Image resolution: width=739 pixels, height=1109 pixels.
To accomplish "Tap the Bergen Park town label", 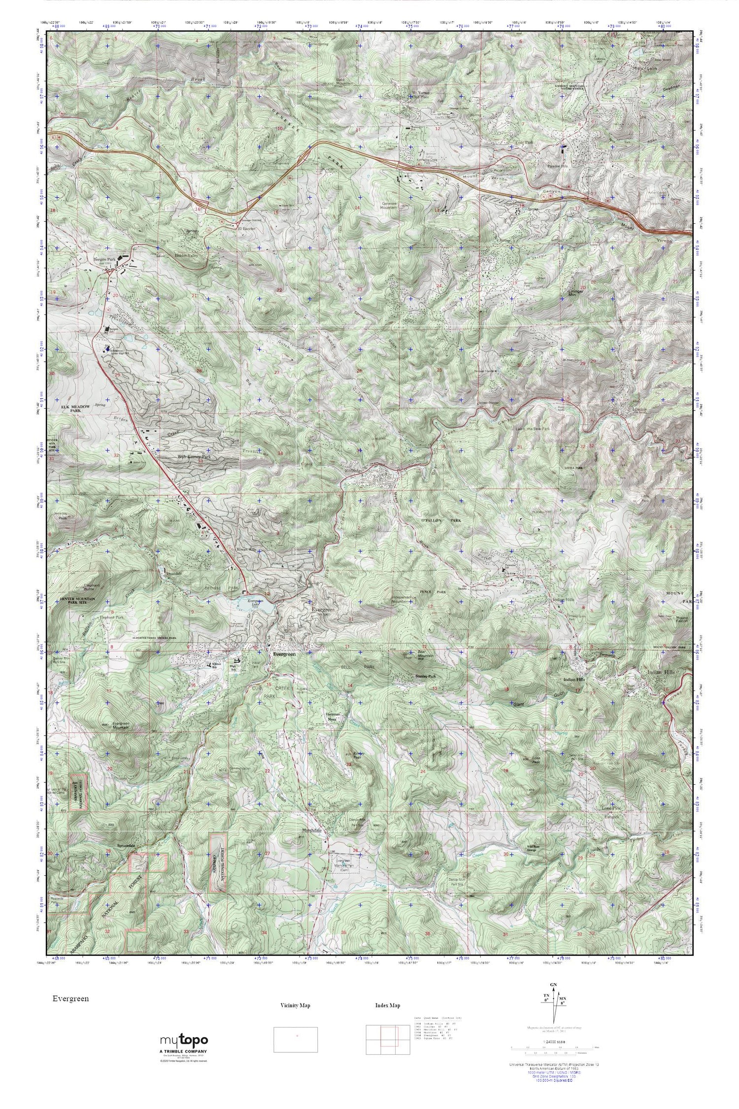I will tap(104, 258).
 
